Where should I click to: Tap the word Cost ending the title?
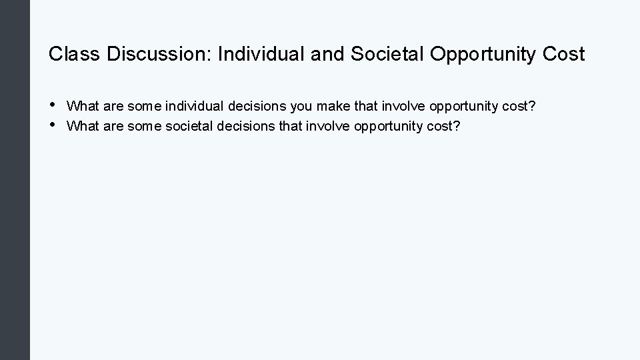click(563, 54)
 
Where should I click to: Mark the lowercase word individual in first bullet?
click(194, 106)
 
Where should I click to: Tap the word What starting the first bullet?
click(83, 106)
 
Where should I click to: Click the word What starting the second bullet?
click(83, 126)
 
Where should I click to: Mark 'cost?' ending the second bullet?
click(445, 126)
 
